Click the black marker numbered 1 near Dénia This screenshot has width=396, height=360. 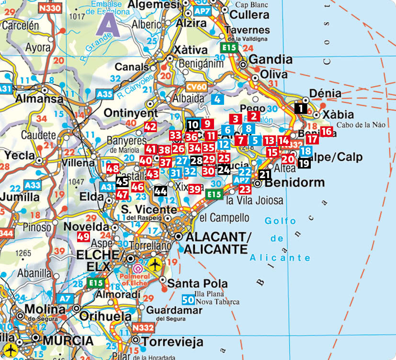pyautogui.click(x=301, y=108)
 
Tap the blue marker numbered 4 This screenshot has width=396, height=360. pyautogui.click(x=217, y=100)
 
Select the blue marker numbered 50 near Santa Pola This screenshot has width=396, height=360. pyautogui.click(x=189, y=300)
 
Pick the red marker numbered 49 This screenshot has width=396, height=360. pyautogui.click(x=83, y=236)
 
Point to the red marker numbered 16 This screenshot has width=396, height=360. pyautogui.click(x=327, y=131)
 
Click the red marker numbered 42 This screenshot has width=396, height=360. pyautogui.click(x=150, y=127)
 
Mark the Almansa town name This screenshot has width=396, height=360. pyautogui.click(x=39, y=99)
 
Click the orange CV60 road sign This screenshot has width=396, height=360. pyautogui.click(x=196, y=87)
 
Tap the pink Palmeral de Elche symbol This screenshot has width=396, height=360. pyautogui.click(x=138, y=269)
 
